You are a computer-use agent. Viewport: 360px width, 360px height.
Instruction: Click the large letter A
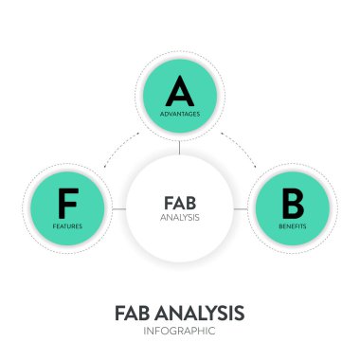pyautogui.click(x=179, y=91)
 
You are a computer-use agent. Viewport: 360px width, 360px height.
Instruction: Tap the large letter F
pyautogui.click(x=67, y=203)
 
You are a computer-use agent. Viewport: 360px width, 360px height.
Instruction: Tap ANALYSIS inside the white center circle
pyautogui.click(x=179, y=217)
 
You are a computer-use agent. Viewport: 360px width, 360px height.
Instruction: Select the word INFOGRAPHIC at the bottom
pyautogui.click(x=179, y=333)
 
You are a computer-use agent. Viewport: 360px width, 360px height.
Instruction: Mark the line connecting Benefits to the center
pyautogui.click(x=241, y=208)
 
